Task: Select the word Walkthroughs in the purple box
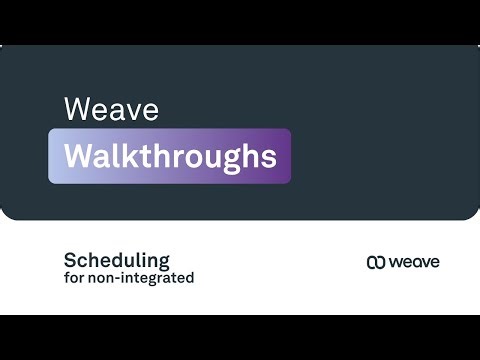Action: [x=170, y=157]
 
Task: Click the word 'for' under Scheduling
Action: [x=73, y=278]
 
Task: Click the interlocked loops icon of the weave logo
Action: [x=376, y=262]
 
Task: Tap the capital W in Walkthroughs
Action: [x=78, y=157]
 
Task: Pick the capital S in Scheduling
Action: [x=70, y=260]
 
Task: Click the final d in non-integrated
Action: [x=189, y=278]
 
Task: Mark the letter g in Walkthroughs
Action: [x=234, y=160]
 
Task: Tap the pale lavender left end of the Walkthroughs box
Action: [x=54, y=157]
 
